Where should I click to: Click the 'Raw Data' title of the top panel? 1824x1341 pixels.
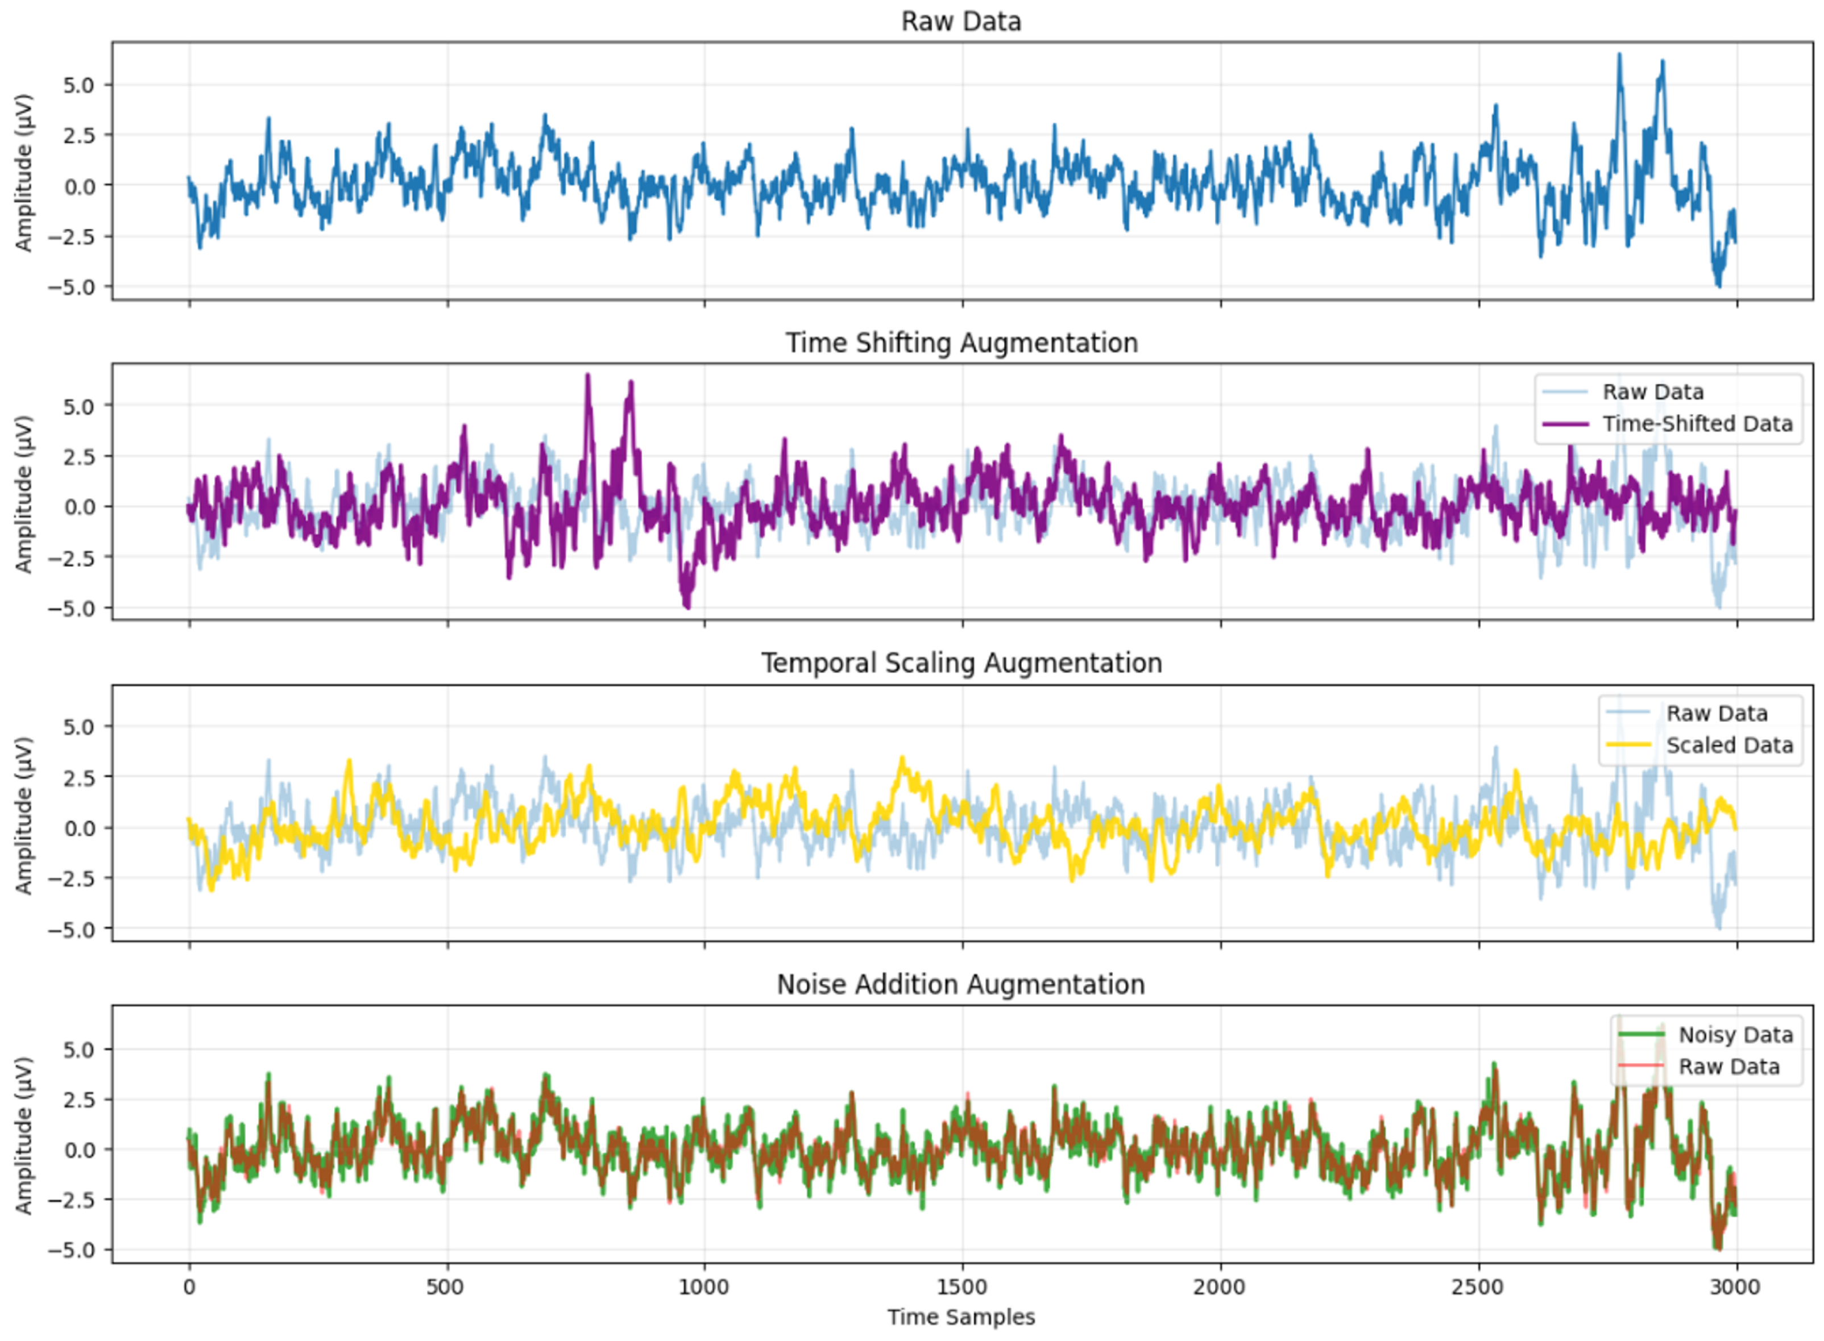coord(961,21)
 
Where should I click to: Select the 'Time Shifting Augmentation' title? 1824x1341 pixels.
coord(961,343)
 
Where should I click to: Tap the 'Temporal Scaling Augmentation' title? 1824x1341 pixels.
coord(961,663)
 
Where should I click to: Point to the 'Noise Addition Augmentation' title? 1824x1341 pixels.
coord(961,985)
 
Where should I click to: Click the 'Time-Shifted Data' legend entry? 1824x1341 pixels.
coord(1697,424)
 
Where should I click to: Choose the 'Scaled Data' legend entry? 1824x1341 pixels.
coord(1729,745)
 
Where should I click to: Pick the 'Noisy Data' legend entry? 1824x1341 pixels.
coord(1735,1035)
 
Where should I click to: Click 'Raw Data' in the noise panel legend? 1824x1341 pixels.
coord(1729,1067)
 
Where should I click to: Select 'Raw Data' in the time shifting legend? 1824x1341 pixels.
coord(1653,392)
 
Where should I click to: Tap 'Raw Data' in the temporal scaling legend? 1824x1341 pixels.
coord(1717,714)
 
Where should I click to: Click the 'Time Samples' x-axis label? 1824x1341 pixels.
coord(961,1317)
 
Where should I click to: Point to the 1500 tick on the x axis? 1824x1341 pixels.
coord(963,1286)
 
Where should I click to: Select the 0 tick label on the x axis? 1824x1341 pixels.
coord(189,1286)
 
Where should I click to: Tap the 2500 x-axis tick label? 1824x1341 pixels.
coord(1478,1286)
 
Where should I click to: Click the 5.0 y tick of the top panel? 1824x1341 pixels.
coord(79,85)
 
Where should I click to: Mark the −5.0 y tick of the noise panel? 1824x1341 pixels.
coord(73,1250)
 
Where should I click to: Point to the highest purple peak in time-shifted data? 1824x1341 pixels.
coord(587,376)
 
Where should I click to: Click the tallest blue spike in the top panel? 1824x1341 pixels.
coord(1619,55)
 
